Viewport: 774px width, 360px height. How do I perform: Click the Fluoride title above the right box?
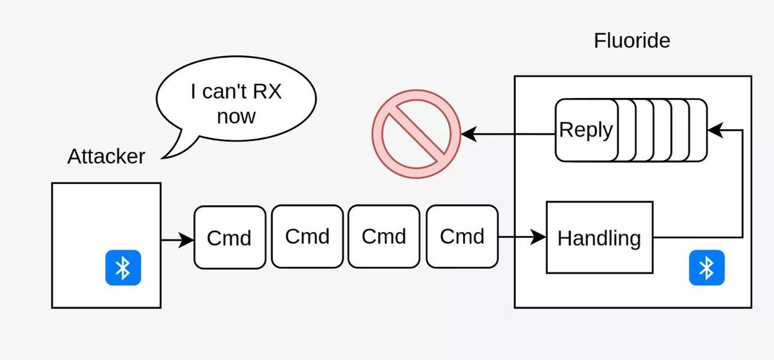click(631, 41)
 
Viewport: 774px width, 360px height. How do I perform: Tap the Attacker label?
click(106, 156)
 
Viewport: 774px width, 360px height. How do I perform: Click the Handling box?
click(599, 238)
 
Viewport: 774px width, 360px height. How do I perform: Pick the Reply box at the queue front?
click(586, 130)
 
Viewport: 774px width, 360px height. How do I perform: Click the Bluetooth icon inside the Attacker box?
click(123, 268)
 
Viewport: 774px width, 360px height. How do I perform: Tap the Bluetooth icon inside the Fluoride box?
click(706, 267)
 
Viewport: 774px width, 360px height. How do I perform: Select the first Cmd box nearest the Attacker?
click(229, 237)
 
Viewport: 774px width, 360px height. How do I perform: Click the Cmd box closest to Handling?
click(462, 236)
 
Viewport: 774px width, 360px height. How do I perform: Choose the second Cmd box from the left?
click(307, 236)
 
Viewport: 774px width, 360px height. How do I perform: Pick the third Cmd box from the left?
click(384, 236)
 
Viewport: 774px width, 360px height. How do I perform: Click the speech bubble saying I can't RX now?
click(237, 103)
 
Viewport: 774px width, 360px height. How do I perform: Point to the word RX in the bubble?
click(266, 92)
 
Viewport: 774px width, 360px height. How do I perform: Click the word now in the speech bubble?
click(236, 116)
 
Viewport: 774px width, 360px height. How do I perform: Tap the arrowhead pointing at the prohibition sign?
click(469, 134)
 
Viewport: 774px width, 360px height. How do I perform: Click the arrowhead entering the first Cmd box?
click(188, 241)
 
